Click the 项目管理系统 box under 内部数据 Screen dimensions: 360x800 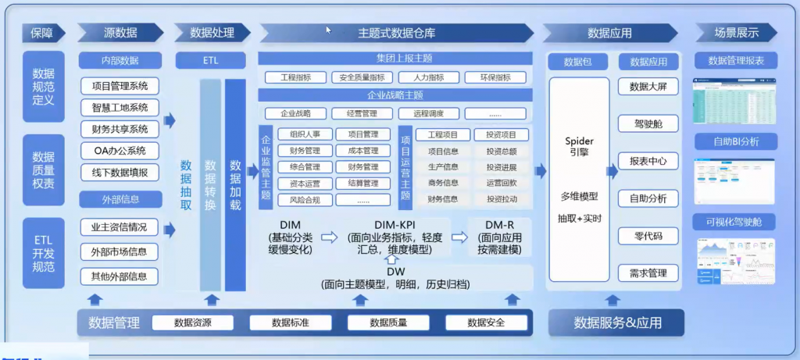tap(120, 86)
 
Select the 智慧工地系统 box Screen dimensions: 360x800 tap(120, 108)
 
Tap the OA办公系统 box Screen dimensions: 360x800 tap(120, 151)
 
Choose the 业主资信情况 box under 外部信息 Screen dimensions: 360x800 tap(120, 228)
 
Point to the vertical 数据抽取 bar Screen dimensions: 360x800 tap(186, 185)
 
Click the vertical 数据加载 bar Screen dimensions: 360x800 tap(235, 185)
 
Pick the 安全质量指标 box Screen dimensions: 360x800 tap(362, 78)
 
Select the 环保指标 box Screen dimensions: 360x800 tap(495, 78)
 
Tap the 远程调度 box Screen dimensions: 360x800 tap(428, 113)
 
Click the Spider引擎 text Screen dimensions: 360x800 tap(579, 146)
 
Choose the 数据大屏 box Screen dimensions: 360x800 tap(648, 87)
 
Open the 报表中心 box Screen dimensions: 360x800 tap(648, 162)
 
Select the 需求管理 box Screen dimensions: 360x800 tap(648, 273)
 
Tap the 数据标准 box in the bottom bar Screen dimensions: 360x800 tap(291, 323)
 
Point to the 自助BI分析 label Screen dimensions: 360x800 tap(735, 141)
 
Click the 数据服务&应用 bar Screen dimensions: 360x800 tap(617, 323)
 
